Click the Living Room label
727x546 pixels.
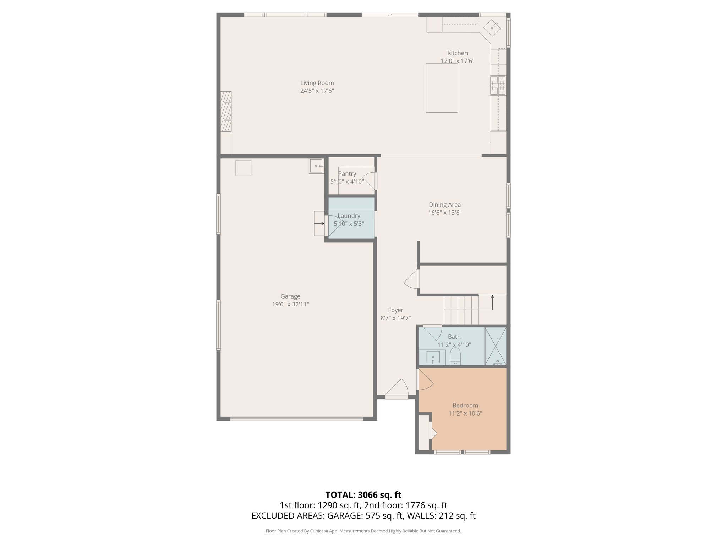tap(317, 83)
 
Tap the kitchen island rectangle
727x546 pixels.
tap(442, 88)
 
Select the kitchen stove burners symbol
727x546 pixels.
tap(498, 85)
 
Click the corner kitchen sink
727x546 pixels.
tap(492, 27)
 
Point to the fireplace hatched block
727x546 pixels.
tap(226, 111)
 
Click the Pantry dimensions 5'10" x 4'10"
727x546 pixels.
tap(347, 182)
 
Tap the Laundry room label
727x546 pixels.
tap(349, 216)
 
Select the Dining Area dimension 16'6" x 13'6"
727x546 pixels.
tap(445, 213)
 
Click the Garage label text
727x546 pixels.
tap(290, 296)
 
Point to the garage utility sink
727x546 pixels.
tap(316, 166)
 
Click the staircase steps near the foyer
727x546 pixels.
tap(461, 310)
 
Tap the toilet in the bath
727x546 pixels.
tap(455, 356)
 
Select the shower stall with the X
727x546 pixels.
tap(496, 346)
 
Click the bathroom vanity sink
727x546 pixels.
tap(433, 357)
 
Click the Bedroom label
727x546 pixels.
tap(465, 405)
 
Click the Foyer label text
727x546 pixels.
tap(395, 310)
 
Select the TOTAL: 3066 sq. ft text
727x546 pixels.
tap(363, 495)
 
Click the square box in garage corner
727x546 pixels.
tap(243, 168)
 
